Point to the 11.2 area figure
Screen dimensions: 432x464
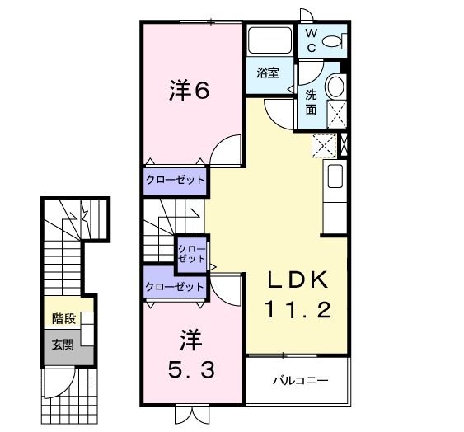[298, 310]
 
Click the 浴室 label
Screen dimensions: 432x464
[267, 73]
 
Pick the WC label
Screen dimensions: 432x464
[312, 40]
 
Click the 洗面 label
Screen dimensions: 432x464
[312, 101]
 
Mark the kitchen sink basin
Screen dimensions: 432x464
[335, 176]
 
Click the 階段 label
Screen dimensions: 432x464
[63, 318]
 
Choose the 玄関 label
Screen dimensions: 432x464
[63, 344]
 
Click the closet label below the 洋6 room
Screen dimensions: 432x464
[175, 179]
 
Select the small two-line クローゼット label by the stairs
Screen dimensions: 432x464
[191, 252]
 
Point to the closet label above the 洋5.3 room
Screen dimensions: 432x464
[174, 287]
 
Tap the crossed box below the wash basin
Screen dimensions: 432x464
[336, 112]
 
